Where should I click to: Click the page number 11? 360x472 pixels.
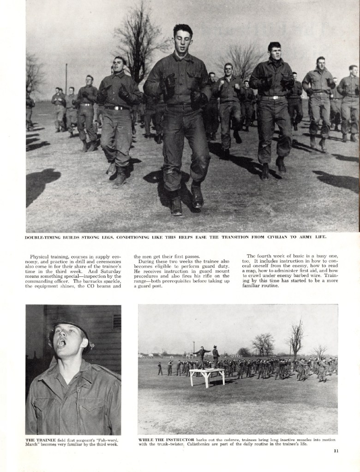(x=336, y=451)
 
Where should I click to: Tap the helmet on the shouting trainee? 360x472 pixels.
(x=69, y=323)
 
